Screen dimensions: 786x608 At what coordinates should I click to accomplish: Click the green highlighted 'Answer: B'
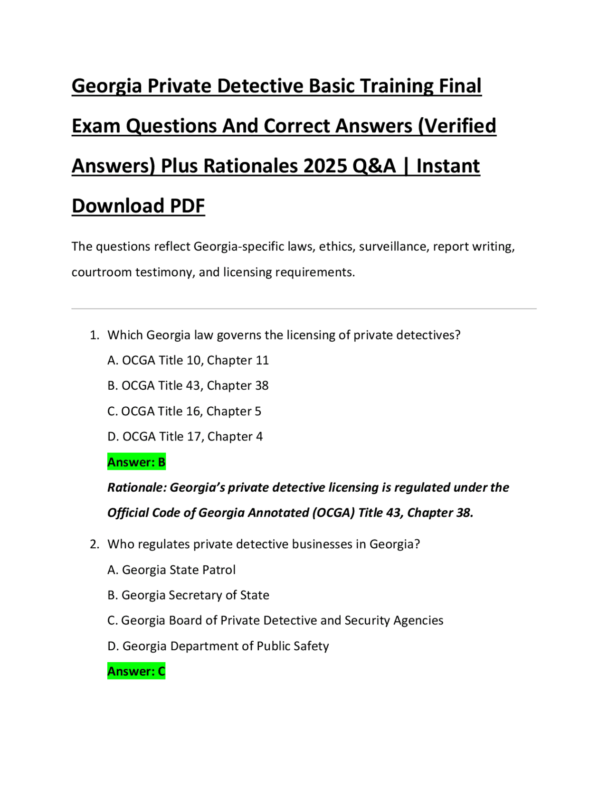click(136, 462)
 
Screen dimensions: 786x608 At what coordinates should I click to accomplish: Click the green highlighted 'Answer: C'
click(136, 671)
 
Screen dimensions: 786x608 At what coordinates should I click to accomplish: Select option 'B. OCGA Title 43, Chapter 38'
click(188, 385)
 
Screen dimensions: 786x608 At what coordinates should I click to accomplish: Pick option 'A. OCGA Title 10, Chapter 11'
click(188, 360)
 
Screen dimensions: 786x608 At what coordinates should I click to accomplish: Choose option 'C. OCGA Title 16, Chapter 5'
click(184, 411)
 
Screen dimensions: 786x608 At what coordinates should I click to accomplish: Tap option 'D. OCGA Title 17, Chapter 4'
click(185, 436)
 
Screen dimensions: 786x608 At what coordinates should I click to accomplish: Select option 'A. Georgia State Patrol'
click(171, 570)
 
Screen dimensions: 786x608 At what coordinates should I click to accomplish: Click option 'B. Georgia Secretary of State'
click(189, 595)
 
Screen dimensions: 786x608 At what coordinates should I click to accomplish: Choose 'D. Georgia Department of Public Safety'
click(218, 646)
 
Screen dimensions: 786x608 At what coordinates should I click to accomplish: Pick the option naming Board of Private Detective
click(275, 620)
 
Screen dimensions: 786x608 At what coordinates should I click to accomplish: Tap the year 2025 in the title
click(325, 166)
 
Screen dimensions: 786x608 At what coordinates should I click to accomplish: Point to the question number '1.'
click(95, 335)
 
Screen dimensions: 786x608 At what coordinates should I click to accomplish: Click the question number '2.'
click(95, 544)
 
